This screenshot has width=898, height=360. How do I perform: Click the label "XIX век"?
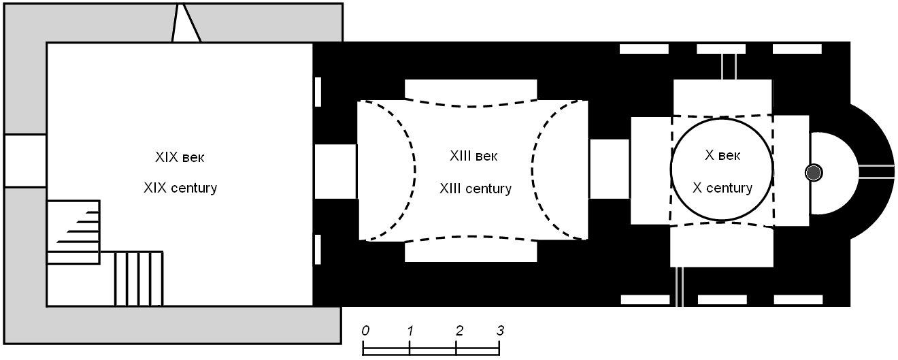(x=180, y=157)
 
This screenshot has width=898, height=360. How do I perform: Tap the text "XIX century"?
(x=180, y=188)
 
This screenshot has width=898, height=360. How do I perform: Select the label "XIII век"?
(x=473, y=156)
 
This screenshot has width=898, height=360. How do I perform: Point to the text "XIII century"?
(x=476, y=189)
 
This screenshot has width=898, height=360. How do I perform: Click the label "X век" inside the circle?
(x=722, y=155)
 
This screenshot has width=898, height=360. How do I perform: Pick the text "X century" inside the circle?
(x=722, y=188)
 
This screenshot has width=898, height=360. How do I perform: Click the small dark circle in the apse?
(x=814, y=173)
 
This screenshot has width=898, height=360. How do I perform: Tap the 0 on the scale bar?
(x=365, y=330)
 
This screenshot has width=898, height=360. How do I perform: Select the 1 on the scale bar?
(x=410, y=330)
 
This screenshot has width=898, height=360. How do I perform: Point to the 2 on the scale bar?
(x=459, y=330)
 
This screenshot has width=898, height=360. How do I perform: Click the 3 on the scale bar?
(x=500, y=330)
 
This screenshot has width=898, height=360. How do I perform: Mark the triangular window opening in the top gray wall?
(x=186, y=22)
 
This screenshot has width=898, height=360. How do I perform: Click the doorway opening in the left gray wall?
(x=25, y=161)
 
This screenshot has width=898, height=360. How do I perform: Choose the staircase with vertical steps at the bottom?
(x=139, y=278)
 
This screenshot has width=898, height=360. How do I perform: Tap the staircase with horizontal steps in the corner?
(x=73, y=231)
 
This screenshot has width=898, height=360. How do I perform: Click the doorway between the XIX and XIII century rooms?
(x=335, y=171)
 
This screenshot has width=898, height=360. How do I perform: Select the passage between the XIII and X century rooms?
(x=610, y=169)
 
